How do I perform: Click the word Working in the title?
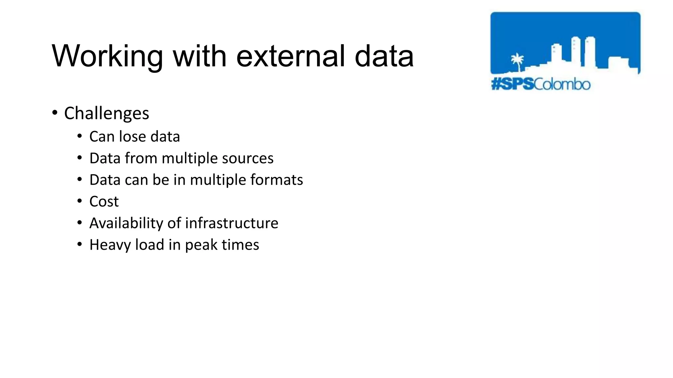107,56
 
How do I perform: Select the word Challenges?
106,114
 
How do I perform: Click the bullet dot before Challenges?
55,113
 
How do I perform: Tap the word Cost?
104,201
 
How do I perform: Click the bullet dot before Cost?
80,201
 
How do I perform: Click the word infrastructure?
232,223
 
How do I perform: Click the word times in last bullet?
240,245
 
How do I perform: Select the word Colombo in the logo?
562,84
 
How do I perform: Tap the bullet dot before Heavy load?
80,244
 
